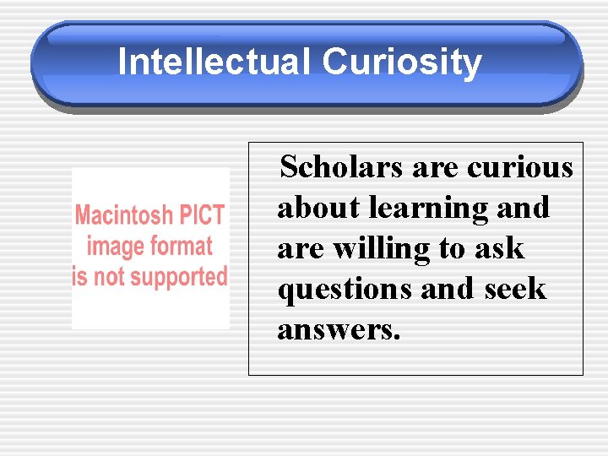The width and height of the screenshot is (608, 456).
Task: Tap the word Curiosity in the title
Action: [402, 62]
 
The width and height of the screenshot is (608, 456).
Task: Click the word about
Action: [319, 208]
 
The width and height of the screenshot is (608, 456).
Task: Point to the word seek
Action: [516, 290]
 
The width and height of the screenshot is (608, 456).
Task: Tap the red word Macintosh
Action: [123, 215]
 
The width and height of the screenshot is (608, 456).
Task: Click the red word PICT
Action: [200, 215]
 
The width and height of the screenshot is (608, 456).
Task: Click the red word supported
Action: [184, 278]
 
